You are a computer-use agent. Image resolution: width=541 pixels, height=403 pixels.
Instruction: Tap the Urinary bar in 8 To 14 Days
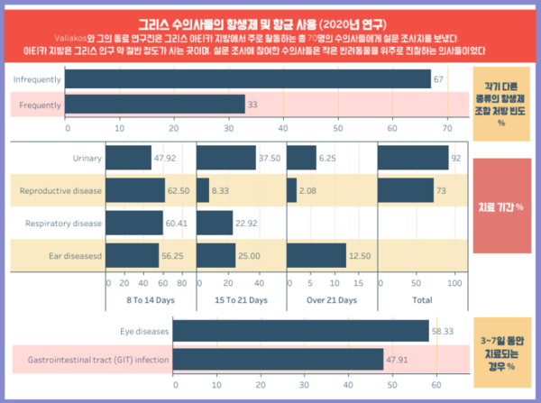[128, 158]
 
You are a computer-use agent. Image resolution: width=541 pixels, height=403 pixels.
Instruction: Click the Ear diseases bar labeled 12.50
[316, 256]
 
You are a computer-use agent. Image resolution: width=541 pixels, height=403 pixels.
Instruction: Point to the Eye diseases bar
[300, 331]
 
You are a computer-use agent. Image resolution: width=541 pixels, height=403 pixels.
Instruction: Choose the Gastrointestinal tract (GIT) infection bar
[277, 360]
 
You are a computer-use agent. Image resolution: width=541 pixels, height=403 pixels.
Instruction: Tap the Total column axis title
[420, 299]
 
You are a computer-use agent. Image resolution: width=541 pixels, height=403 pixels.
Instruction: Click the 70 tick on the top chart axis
[445, 128]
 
